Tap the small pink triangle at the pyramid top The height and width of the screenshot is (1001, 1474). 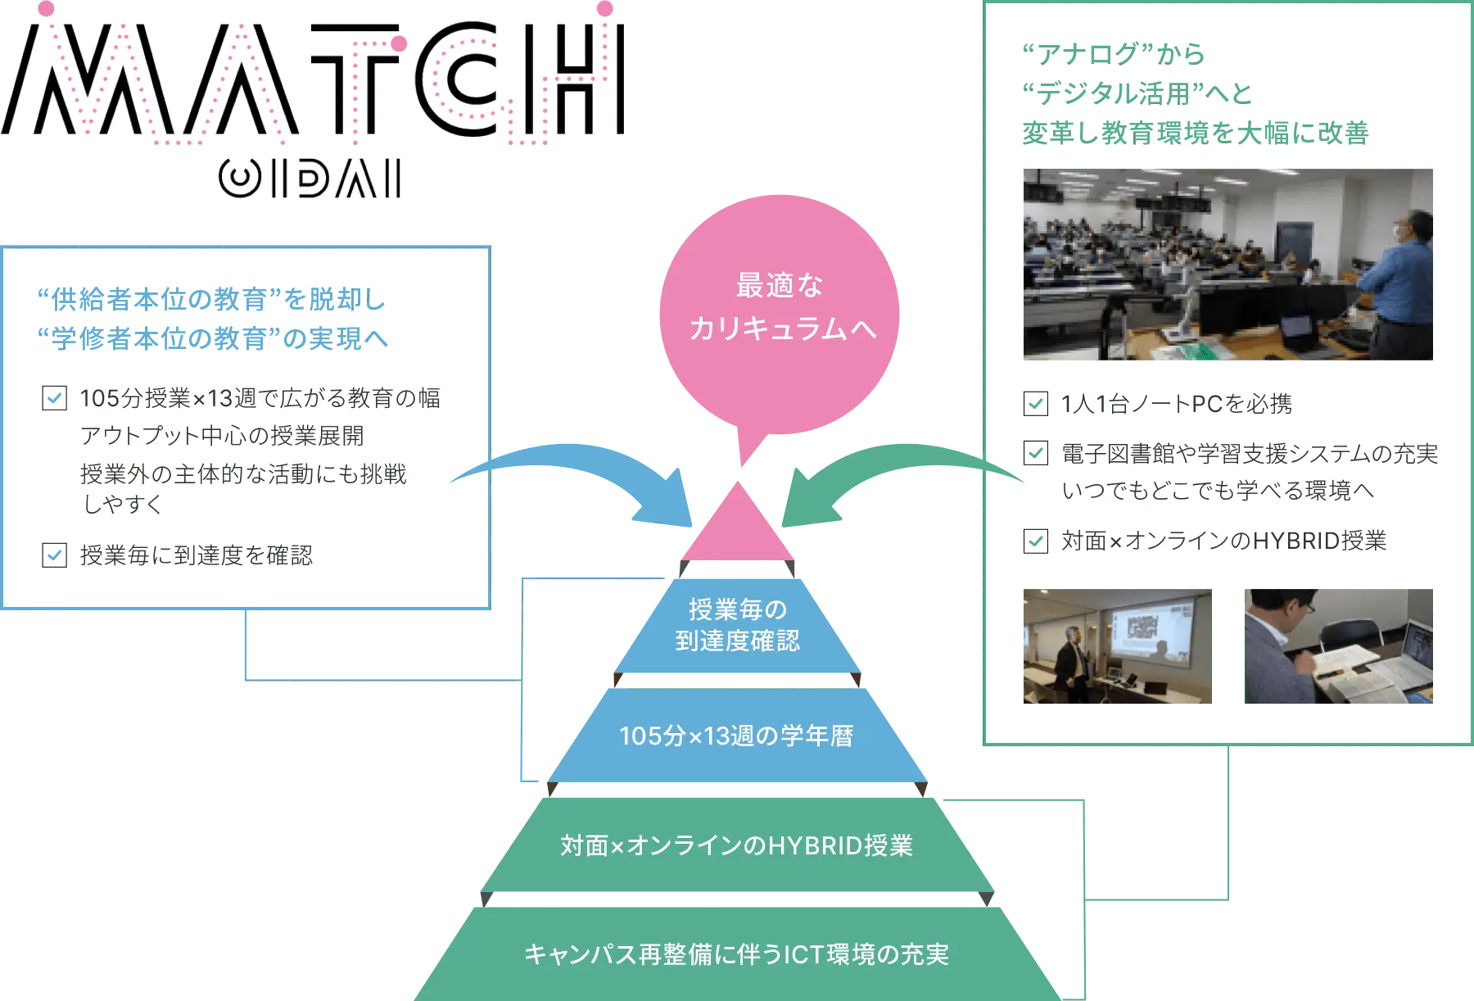pos(738,529)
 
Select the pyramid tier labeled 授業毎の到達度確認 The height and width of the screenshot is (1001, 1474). pos(737,625)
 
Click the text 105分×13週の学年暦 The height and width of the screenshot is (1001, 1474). pos(736,736)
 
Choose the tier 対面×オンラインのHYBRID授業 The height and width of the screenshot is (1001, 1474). pos(736,845)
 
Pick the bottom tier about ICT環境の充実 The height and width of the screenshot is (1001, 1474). pos(736,953)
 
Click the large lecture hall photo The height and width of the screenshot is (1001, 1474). pos(1227,264)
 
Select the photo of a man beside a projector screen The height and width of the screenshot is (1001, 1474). pos(1116,645)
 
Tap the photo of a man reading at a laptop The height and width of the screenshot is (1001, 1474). pos(1339,645)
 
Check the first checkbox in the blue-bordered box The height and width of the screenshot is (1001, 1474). pos(55,397)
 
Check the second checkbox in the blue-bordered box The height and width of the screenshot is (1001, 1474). pos(55,554)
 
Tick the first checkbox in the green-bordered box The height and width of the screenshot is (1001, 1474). pos(1035,403)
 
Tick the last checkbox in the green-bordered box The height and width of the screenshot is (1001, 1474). pos(1035,541)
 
